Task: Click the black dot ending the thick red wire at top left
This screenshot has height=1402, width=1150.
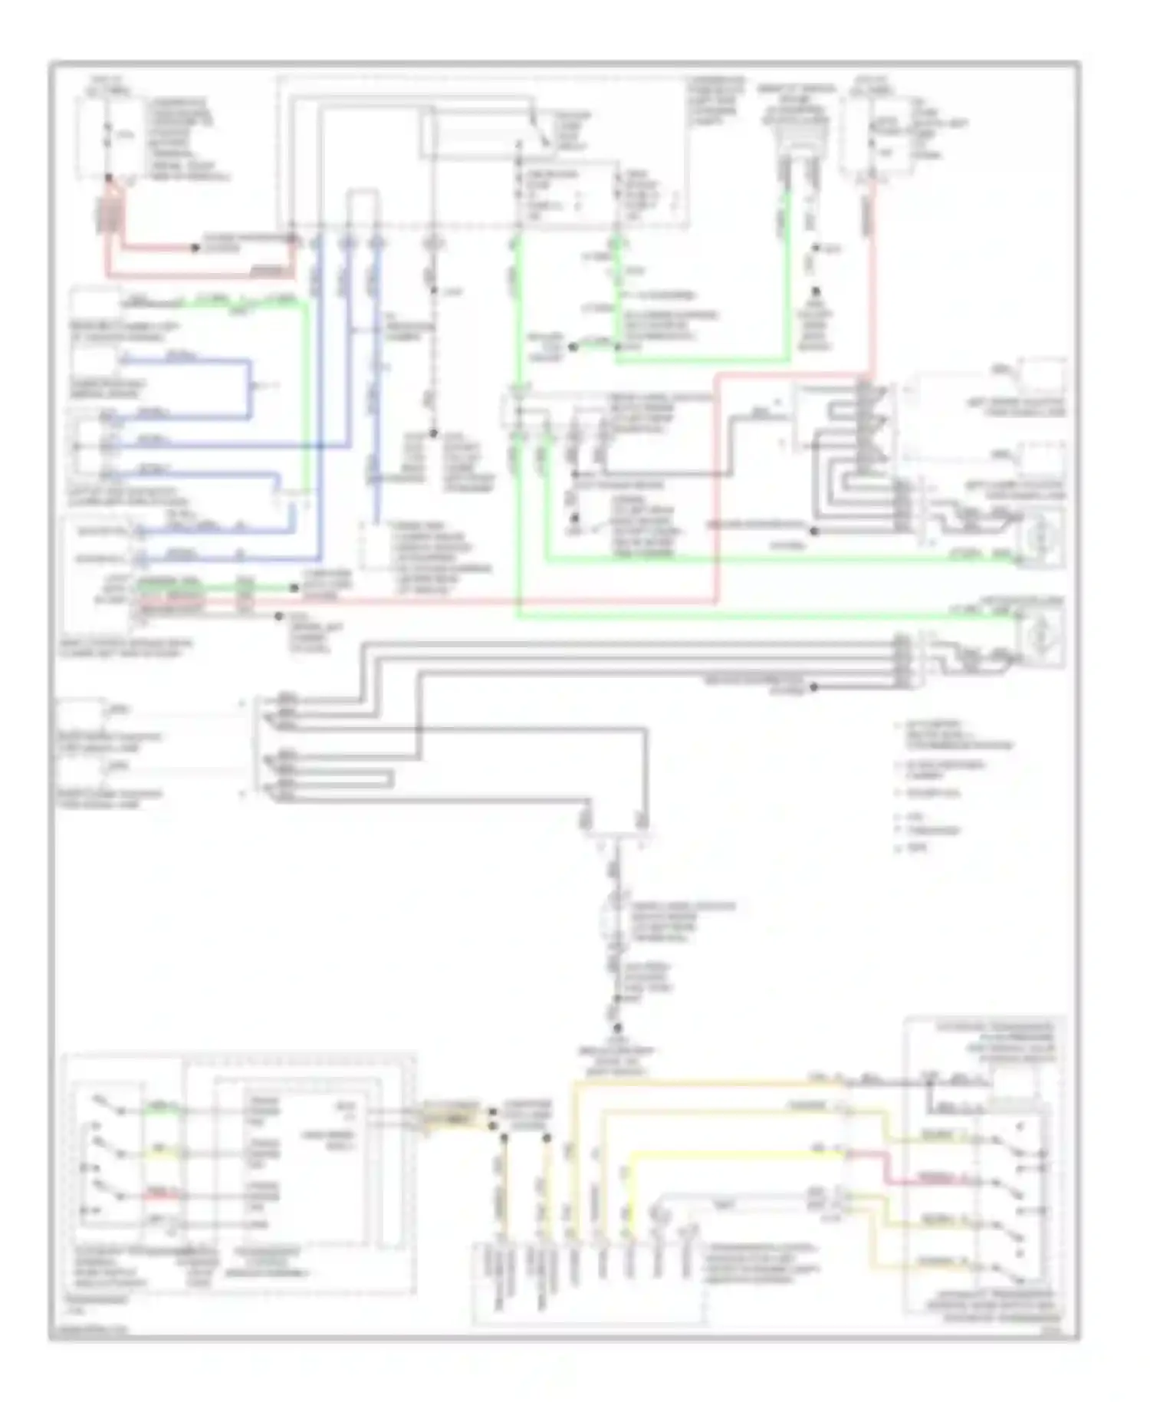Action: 195,248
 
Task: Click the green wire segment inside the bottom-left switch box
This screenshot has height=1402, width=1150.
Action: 162,1108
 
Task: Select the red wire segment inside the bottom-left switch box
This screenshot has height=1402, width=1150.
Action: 162,1195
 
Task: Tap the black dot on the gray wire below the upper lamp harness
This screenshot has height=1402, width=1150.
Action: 815,531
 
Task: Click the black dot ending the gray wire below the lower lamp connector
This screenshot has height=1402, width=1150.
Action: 814,688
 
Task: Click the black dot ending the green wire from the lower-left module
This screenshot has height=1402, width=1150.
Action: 294,588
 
